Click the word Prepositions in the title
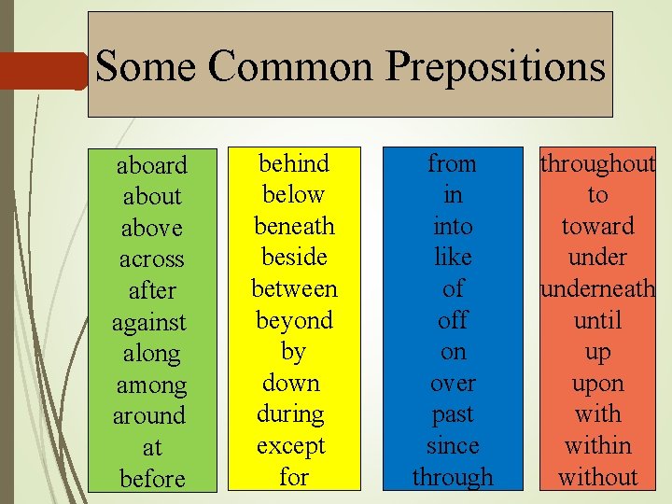click(x=495, y=68)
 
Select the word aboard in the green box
click(x=151, y=165)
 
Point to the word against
click(x=149, y=322)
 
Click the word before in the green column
click(x=152, y=479)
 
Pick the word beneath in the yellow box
click(x=294, y=226)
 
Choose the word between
click(x=294, y=288)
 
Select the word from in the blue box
click(x=453, y=163)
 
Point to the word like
click(x=453, y=257)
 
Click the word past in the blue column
click(x=453, y=413)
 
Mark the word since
click(x=453, y=445)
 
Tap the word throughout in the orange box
click(x=597, y=163)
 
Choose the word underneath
click(x=597, y=288)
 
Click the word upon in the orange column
click(x=597, y=383)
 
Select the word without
click(x=597, y=477)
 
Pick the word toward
click(x=597, y=226)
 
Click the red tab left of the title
click(x=42, y=71)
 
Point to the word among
click(x=151, y=385)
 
